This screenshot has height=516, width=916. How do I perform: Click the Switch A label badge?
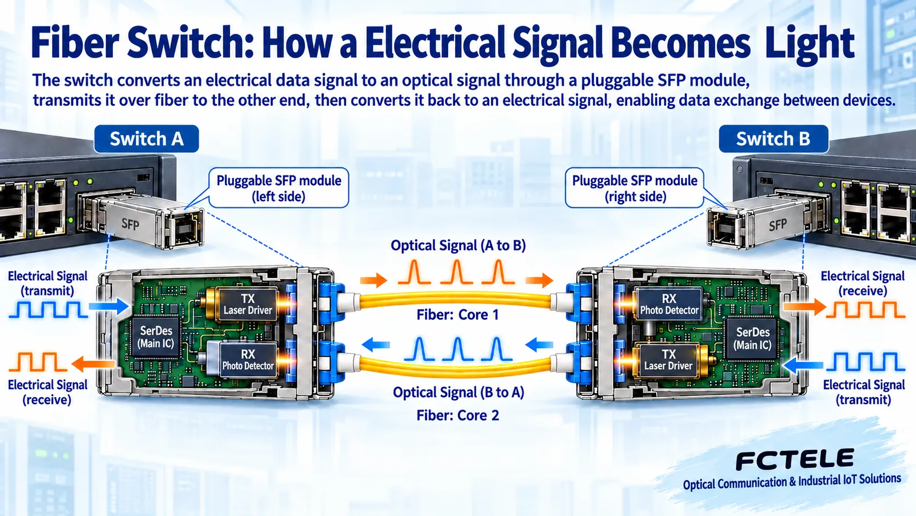pyautogui.click(x=146, y=139)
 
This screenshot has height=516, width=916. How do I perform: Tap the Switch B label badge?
pyautogui.click(x=773, y=139)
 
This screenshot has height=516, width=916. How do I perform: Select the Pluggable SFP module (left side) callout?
pyautogui.click(x=278, y=188)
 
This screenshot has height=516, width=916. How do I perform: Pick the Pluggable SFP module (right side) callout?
pyautogui.click(x=634, y=188)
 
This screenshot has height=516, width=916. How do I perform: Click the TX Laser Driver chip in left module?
pyautogui.click(x=248, y=304)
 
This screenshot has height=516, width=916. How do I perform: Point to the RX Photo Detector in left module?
pyautogui.click(x=248, y=360)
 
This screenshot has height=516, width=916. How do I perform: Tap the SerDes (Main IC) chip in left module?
pyautogui.click(x=156, y=337)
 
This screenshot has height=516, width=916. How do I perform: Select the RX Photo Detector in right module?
pyautogui.click(x=669, y=304)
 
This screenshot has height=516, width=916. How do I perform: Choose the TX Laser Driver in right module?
pyautogui.click(x=668, y=360)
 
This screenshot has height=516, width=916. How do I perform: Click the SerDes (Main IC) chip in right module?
pyautogui.click(x=752, y=338)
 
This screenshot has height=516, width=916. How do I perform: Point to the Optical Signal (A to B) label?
pyautogui.click(x=458, y=246)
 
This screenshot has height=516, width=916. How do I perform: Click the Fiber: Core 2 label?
pyautogui.click(x=457, y=415)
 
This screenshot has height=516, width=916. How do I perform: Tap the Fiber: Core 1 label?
pyautogui.click(x=457, y=315)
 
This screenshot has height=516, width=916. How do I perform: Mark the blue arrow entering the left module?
pyautogui.click(x=109, y=307)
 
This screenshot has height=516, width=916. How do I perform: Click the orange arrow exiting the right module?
pyautogui.click(x=804, y=307)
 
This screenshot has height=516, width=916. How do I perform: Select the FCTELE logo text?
pyautogui.click(x=794, y=460)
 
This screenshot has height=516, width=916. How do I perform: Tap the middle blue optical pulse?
pyautogui.click(x=458, y=349)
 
